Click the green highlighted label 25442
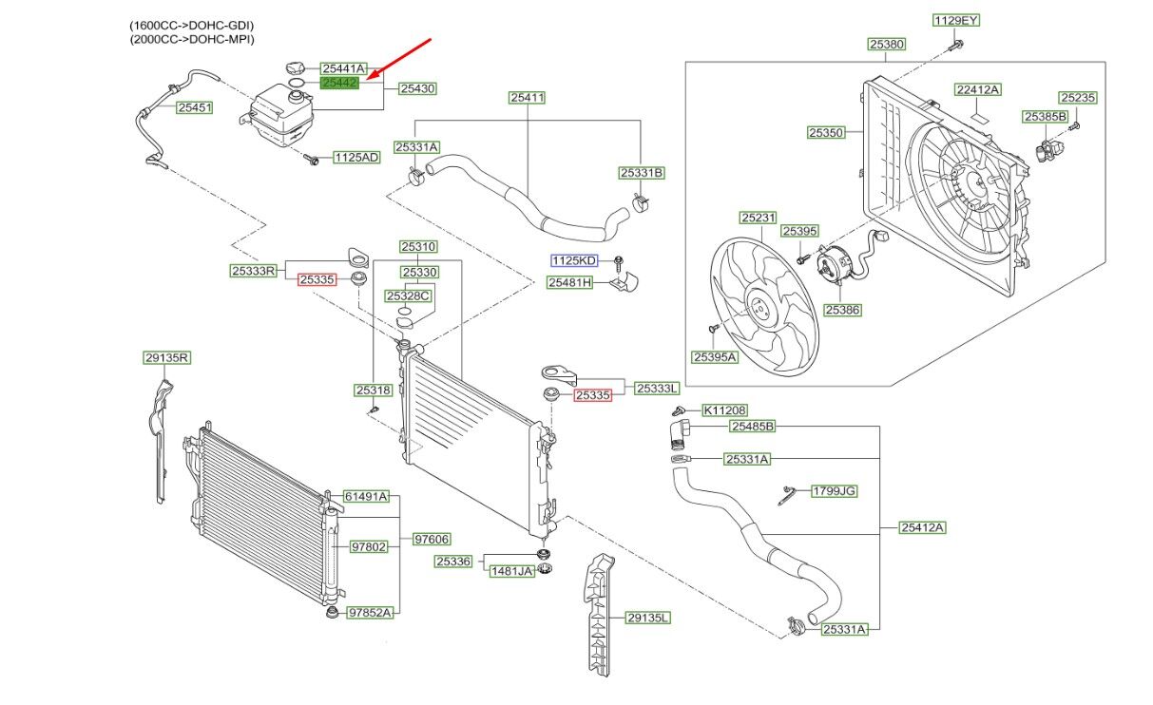(x=340, y=84)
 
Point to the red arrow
(x=400, y=58)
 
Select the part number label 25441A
(x=343, y=68)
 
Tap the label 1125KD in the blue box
(x=574, y=260)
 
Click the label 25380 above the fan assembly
(x=886, y=44)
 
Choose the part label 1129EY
(x=954, y=20)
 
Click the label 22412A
(x=978, y=89)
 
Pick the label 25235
(x=1078, y=97)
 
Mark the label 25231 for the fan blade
(x=759, y=218)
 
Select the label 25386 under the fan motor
(x=842, y=310)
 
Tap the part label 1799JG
(x=834, y=491)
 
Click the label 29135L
(x=648, y=618)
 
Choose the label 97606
(x=432, y=540)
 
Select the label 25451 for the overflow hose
(x=194, y=107)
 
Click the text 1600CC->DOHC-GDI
(x=192, y=24)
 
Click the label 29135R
(x=167, y=358)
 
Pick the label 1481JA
(x=511, y=571)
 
